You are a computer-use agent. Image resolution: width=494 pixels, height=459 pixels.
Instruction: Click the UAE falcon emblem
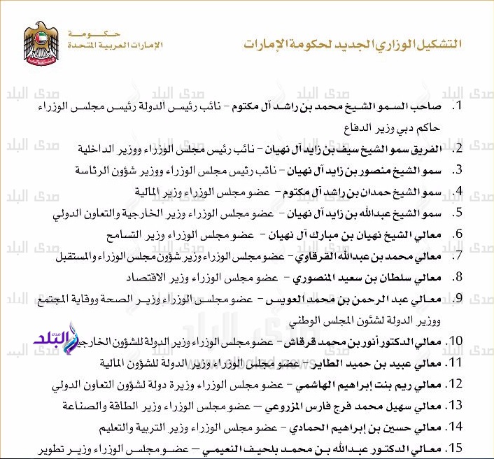[x=43, y=43]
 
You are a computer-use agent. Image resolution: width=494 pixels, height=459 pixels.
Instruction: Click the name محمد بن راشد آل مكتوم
[x=309, y=107]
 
